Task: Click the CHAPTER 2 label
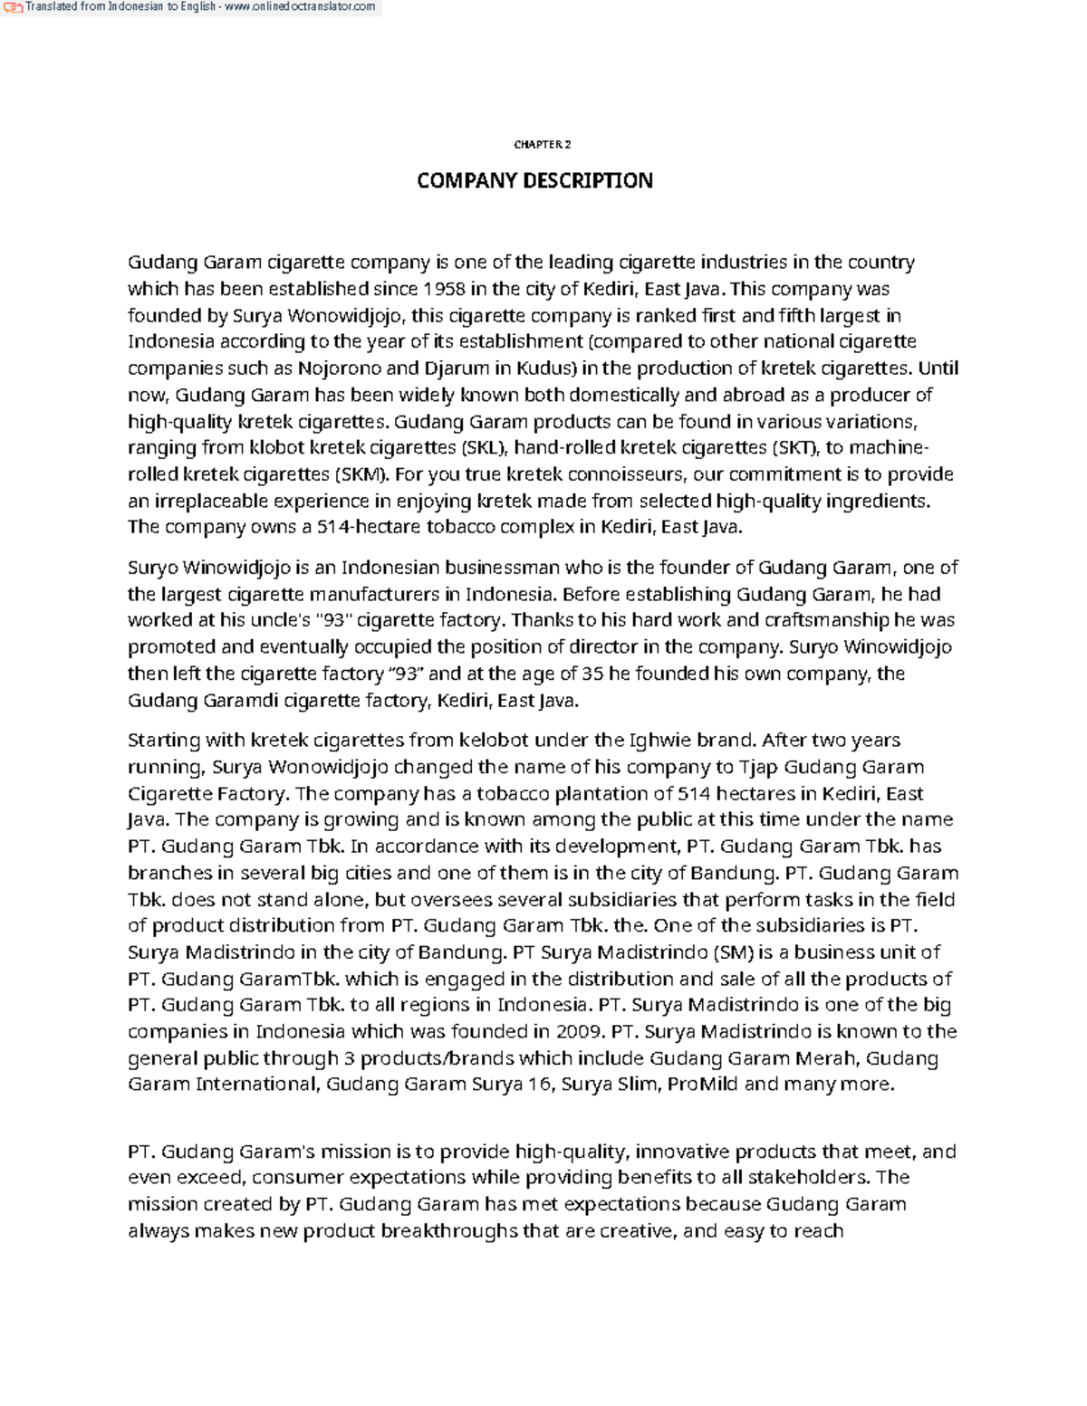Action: coord(542,145)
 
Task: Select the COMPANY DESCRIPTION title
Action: coord(534,181)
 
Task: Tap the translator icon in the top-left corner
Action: coord(13,7)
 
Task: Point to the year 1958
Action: coord(444,289)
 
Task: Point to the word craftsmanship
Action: coord(827,620)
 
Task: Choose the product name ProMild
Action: coord(703,1084)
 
